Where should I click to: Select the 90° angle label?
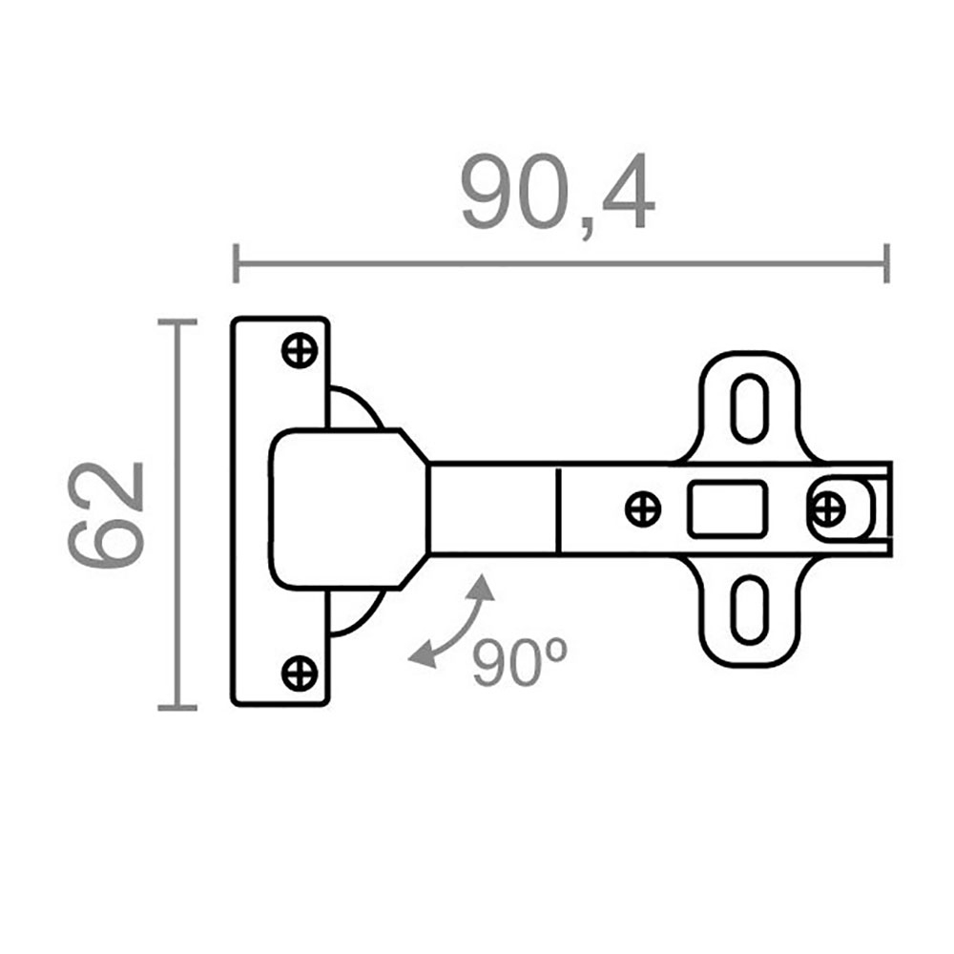[520, 660]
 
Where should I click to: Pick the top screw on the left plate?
[300, 351]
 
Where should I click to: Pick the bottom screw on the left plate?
[300, 674]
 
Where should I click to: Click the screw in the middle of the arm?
[643, 508]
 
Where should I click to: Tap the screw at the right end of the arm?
[827, 508]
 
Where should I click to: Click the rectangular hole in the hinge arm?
[728, 508]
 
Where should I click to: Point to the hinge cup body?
[343, 508]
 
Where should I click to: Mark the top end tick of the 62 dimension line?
[176, 322]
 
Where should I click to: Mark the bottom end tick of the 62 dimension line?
[176, 708]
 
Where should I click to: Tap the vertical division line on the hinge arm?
[557, 508]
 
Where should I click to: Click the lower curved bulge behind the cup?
[357, 611]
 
